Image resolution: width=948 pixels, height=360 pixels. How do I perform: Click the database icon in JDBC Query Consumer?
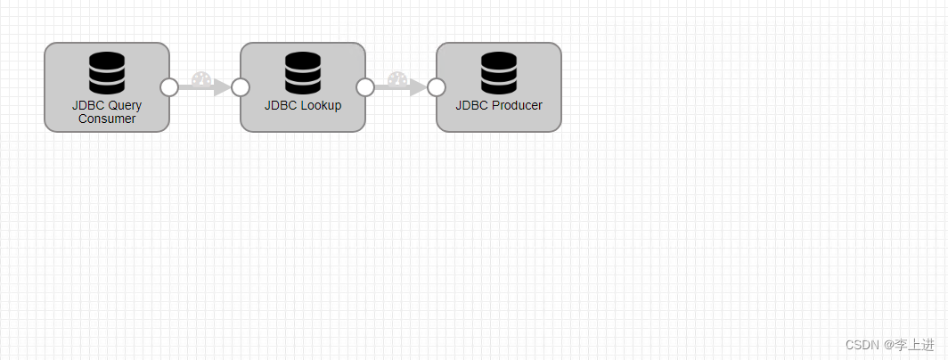[107, 73]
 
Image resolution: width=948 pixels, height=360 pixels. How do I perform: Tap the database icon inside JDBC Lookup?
[303, 73]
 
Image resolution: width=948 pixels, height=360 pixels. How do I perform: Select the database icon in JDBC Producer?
[499, 73]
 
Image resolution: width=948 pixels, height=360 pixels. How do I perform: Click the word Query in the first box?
[124, 105]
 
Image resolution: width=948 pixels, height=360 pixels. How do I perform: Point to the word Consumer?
[107, 119]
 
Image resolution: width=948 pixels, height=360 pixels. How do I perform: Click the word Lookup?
[320, 105]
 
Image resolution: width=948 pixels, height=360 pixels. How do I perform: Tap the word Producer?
[516, 105]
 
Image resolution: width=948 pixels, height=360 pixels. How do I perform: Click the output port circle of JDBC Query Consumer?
[169, 87]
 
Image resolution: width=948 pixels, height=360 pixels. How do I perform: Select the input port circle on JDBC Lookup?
[240, 87]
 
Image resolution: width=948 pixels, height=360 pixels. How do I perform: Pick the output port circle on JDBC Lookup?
[365, 87]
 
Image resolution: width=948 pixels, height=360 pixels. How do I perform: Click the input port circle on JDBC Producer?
[436, 87]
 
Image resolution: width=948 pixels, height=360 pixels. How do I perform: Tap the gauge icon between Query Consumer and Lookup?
[200, 78]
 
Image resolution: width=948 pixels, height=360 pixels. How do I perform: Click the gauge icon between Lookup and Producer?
[396, 78]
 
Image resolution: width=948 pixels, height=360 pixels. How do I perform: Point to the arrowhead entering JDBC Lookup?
[221, 87]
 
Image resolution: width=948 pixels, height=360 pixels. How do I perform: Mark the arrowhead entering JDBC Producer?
[417, 87]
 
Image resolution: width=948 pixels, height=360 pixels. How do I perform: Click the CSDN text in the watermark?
[862, 345]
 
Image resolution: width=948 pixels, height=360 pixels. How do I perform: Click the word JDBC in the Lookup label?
[280, 105]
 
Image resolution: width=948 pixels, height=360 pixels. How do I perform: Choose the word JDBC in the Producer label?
[472, 105]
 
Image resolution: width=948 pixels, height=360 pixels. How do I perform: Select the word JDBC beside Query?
[87, 105]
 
